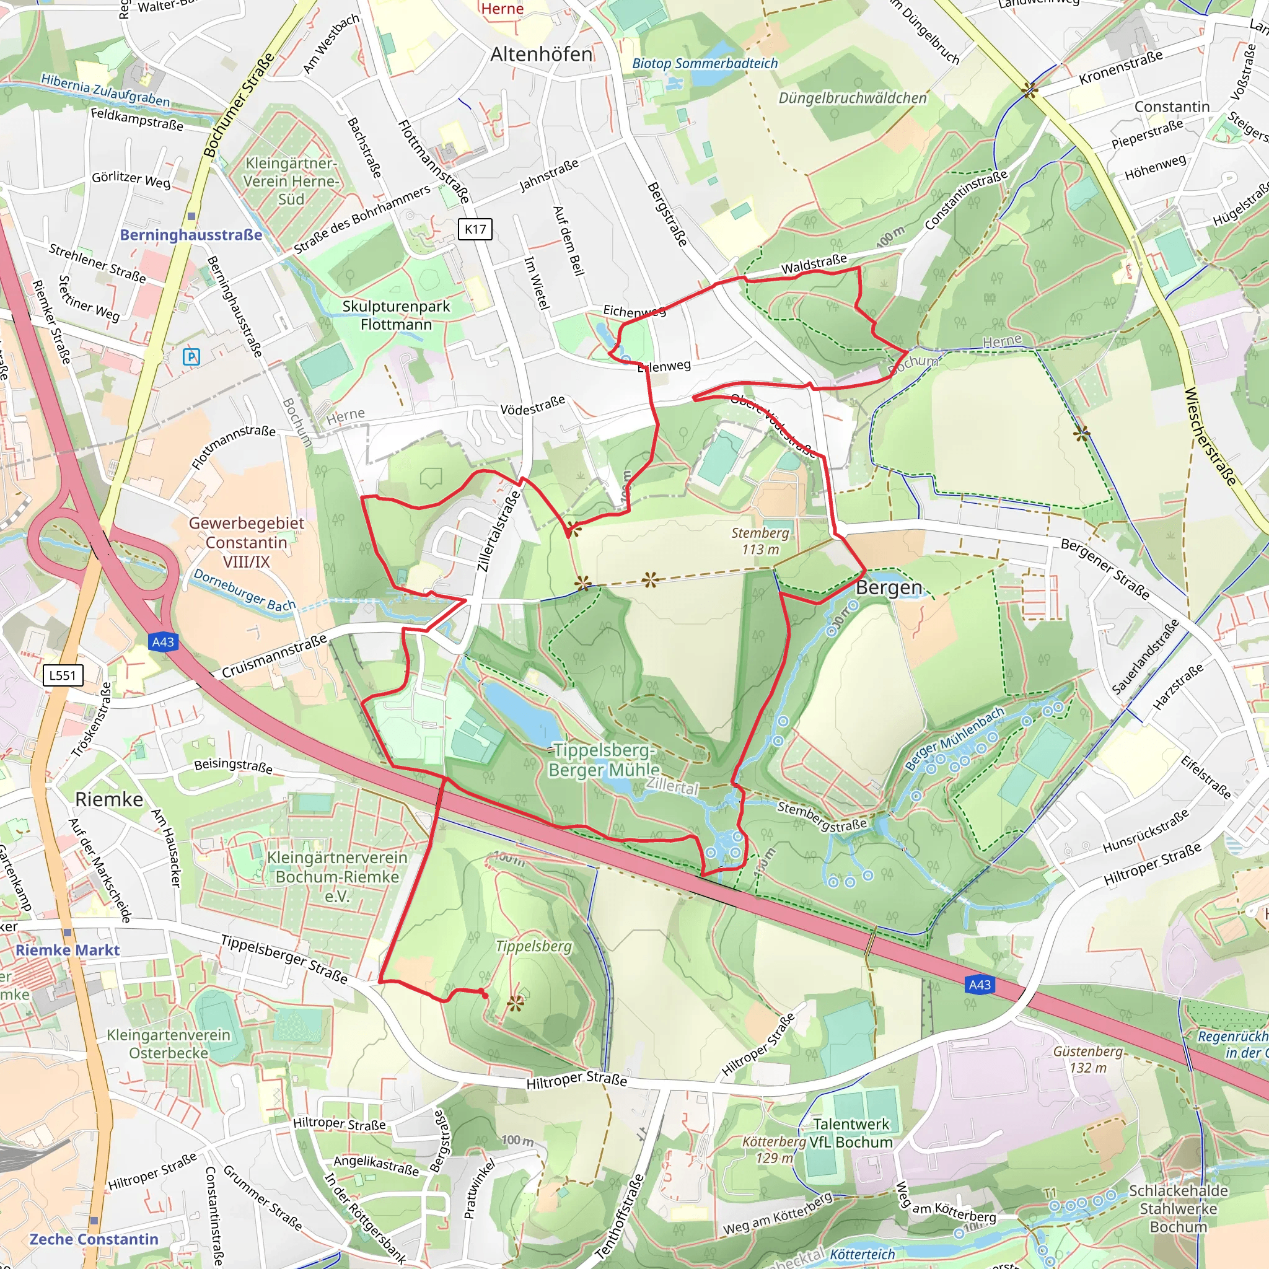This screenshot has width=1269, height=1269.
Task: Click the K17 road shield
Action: (475, 229)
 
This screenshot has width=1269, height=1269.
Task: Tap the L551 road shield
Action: (63, 675)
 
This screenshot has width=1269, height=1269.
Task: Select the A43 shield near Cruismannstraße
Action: (163, 642)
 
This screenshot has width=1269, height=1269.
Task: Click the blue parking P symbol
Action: (191, 357)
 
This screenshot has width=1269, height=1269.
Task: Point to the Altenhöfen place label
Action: (541, 54)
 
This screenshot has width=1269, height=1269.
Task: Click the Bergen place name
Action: (889, 587)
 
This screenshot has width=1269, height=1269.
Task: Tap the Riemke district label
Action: (109, 799)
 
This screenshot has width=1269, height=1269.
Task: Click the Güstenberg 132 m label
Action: (1087, 1060)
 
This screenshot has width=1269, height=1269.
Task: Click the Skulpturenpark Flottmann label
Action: (396, 315)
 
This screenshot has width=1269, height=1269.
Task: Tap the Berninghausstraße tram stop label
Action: (190, 235)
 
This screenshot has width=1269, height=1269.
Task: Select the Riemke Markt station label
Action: (67, 950)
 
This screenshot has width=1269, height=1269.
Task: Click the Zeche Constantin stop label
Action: (94, 1239)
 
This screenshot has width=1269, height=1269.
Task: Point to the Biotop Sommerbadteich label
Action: (704, 64)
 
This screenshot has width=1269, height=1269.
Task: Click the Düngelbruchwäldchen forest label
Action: (852, 98)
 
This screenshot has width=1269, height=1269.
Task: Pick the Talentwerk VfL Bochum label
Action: (851, 1133)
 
